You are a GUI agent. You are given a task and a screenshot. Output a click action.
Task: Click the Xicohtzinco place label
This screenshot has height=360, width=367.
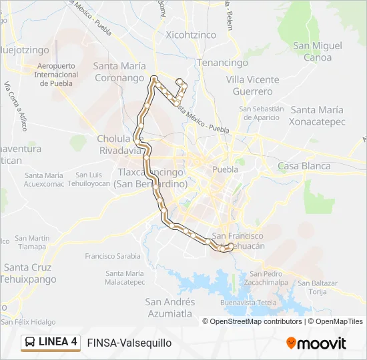[191, 35]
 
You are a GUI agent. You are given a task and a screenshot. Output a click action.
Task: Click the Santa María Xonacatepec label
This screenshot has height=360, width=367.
[316, 115]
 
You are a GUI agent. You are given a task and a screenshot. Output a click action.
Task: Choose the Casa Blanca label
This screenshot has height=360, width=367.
[304, 166]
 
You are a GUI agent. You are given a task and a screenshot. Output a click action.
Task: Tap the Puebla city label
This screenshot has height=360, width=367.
[224, 169]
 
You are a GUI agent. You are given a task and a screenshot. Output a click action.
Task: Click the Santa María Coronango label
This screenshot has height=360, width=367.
[119, 71]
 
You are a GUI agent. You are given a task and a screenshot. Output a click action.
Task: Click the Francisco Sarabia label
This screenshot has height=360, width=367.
[113, 255]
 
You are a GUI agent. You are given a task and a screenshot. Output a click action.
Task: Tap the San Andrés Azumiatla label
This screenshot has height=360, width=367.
[169, 307]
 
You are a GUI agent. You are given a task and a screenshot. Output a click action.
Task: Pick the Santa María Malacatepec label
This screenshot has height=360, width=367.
[125, 277]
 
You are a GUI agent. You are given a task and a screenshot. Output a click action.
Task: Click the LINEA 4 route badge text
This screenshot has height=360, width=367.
[58, 343]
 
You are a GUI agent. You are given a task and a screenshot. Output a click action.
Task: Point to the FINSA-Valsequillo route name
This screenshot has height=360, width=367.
[129, 343]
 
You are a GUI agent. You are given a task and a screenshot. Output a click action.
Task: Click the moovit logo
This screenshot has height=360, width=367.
[316, 343]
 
